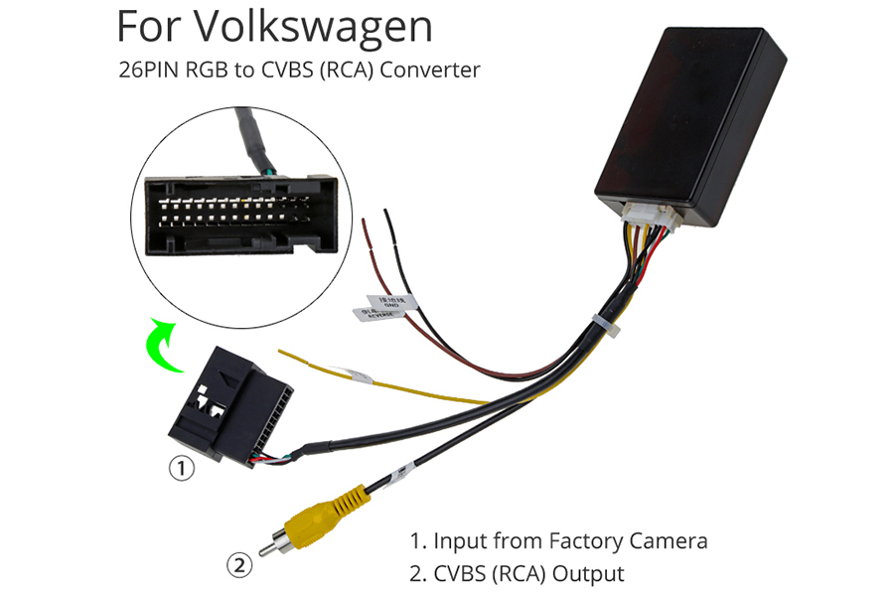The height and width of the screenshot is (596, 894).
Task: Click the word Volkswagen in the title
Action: (315, 27)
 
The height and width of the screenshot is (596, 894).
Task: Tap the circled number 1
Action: (181, 467)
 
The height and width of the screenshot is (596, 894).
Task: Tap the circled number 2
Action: (239, 566)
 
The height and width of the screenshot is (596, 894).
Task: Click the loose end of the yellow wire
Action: (282, 353)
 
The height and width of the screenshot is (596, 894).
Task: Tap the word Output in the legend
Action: (588, 574)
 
